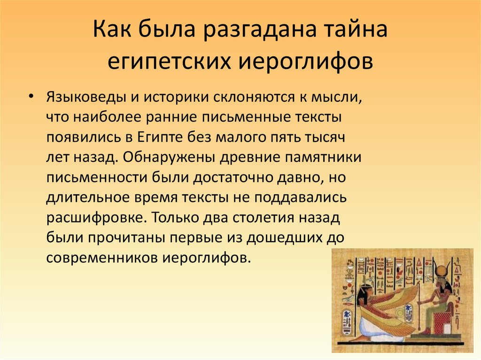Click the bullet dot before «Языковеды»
(x=31, y=96)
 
